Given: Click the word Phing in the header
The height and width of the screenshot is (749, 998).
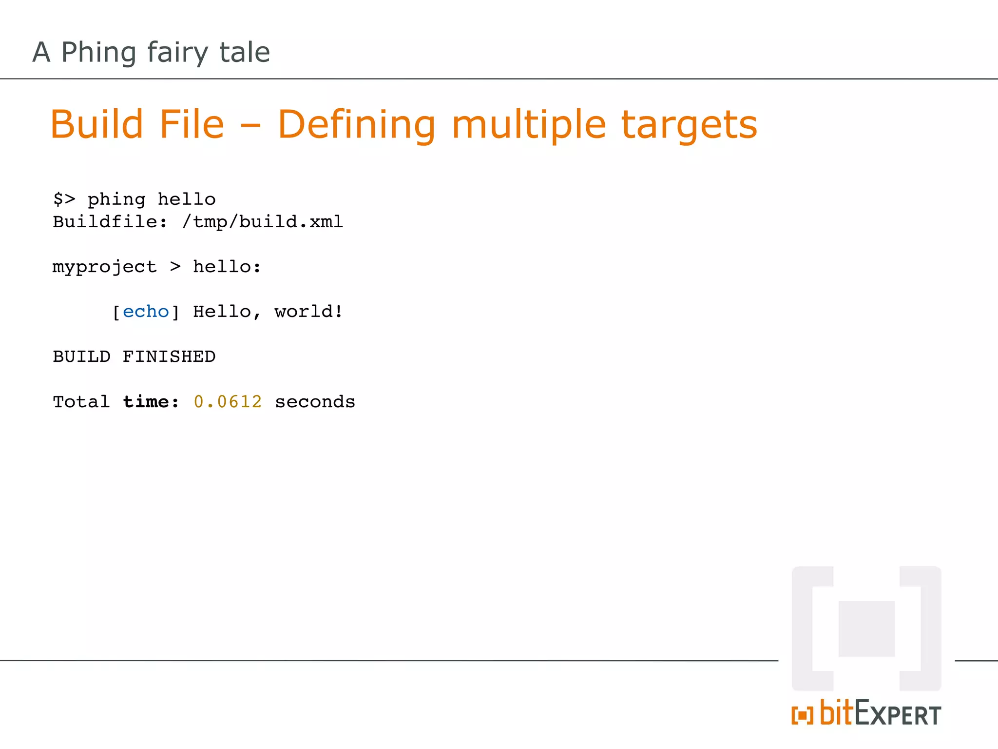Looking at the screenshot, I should pyautogui.click(x=98, y=53).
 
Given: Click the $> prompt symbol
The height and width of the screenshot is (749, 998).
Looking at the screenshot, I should pyautogui.click(x=64, y=199).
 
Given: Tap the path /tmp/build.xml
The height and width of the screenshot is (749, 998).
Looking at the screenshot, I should pyautogui.click(x=263, y=222).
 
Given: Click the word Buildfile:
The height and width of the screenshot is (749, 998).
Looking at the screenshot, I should pyautogui.click(x=110, y=222).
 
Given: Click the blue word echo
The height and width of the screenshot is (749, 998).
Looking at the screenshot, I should pyautogui.click(x=146, y=312).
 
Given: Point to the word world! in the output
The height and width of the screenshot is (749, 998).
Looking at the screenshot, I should pyautogui.click(x=308, y=312).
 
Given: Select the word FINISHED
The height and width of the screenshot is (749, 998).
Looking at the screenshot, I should pyautogui.click(x=169, y=356).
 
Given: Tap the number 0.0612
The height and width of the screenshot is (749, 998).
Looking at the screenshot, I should pyautogui.click(x=228, y=402).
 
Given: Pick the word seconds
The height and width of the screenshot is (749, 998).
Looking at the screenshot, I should pyautogui.click(x=315, y=402).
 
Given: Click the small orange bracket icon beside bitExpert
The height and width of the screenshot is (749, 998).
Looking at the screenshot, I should pyautogui.click(x=802, y=715).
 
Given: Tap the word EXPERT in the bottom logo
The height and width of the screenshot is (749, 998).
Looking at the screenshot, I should pyautogui.click(x=898, y=715).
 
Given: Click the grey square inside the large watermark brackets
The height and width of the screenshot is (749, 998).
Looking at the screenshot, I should pyautogui.click(x=866, y=629).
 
